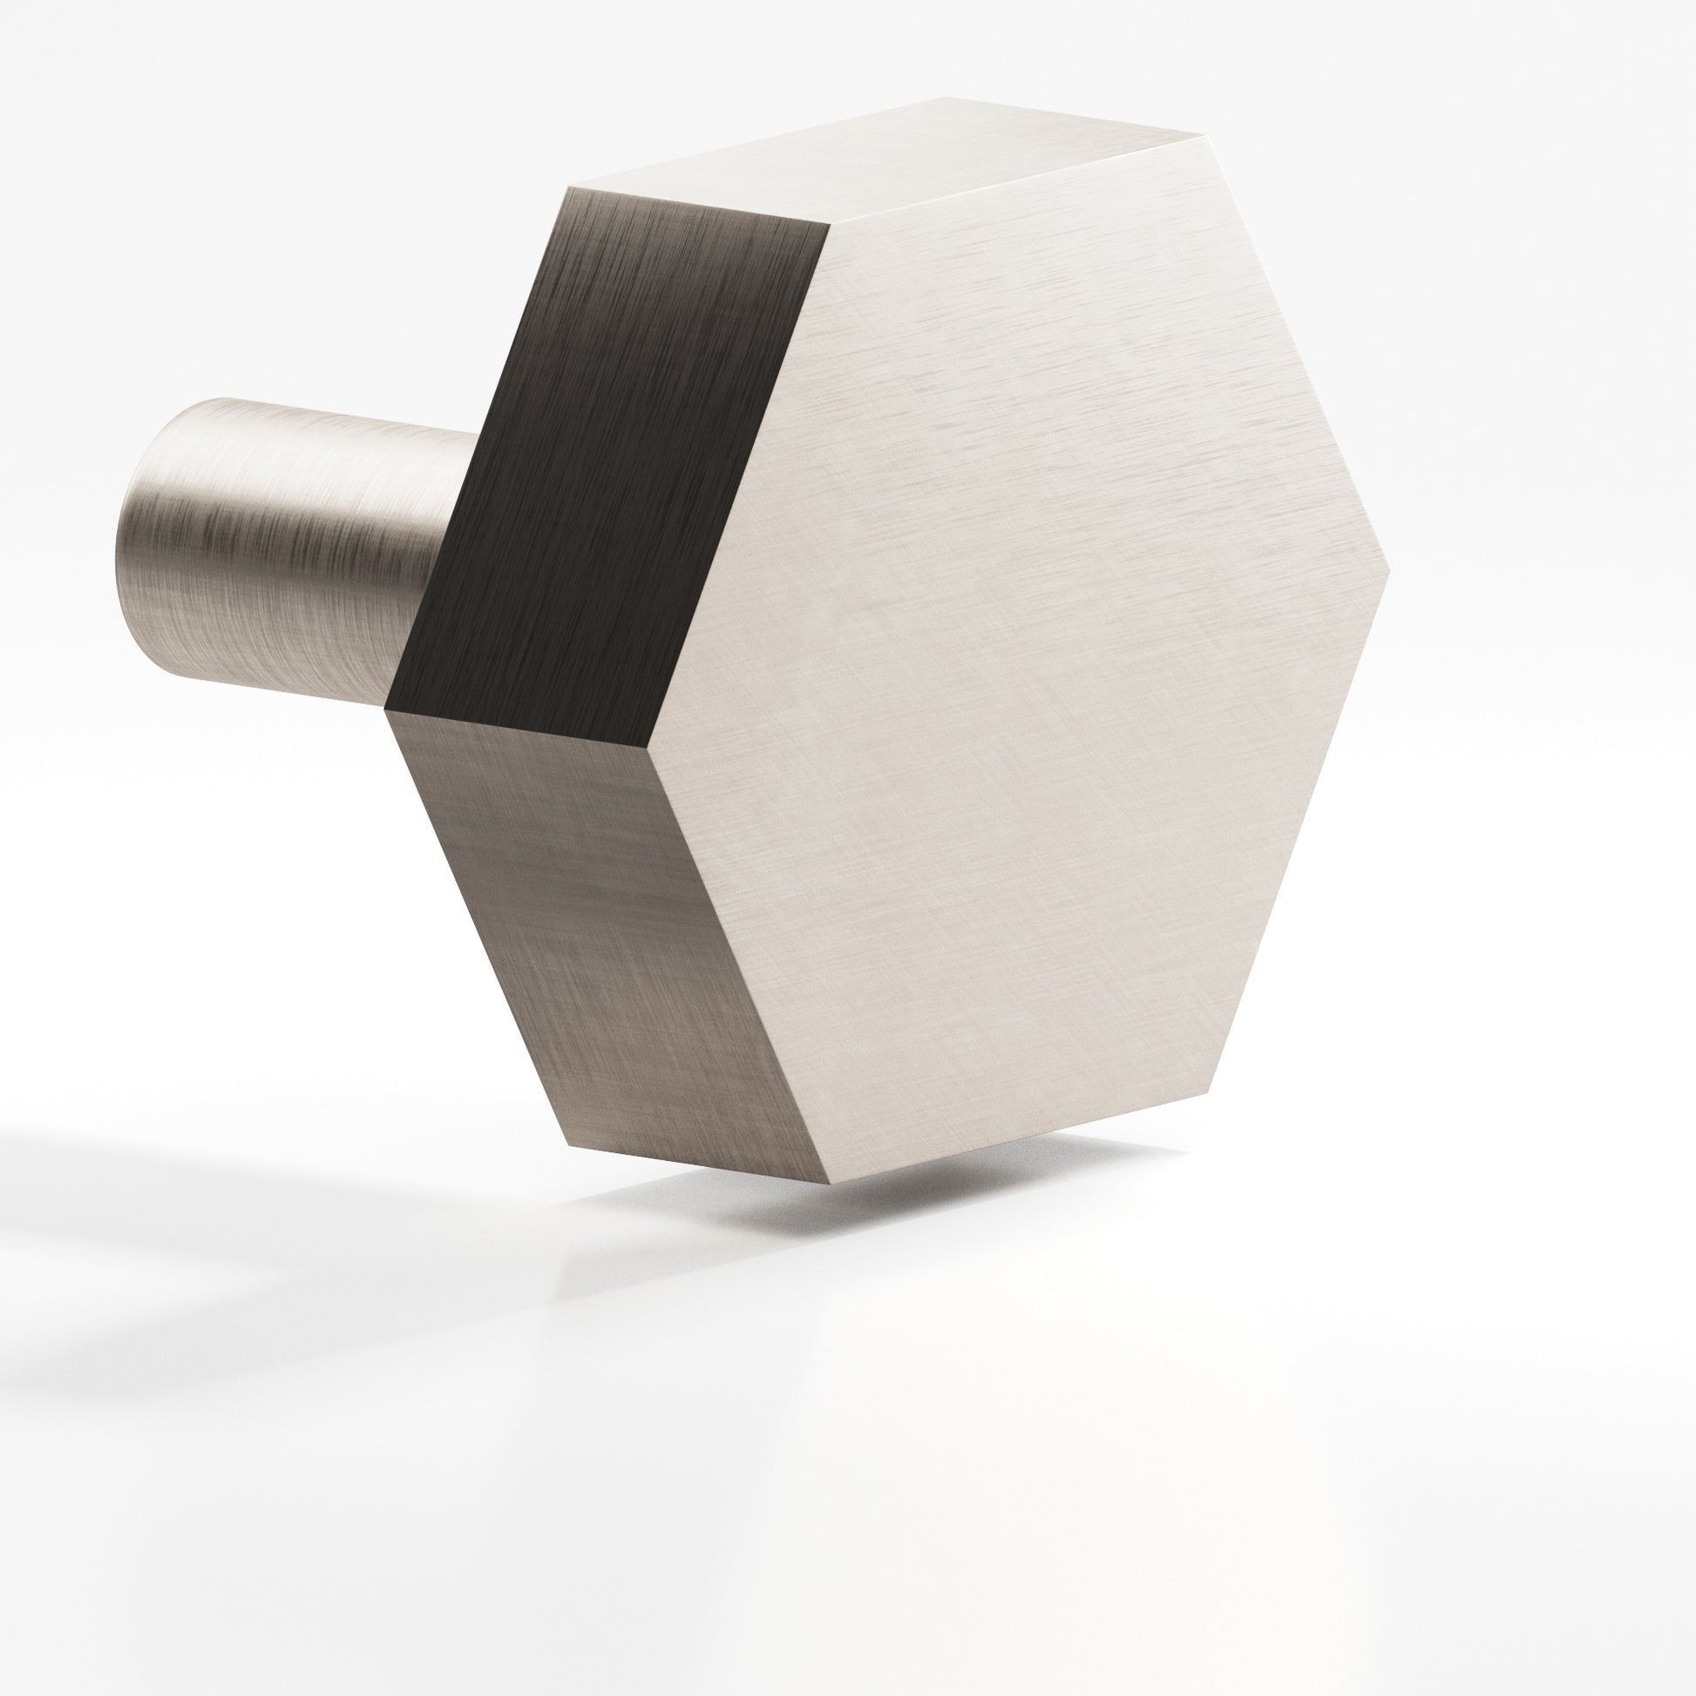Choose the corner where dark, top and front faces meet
coord(831,225)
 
